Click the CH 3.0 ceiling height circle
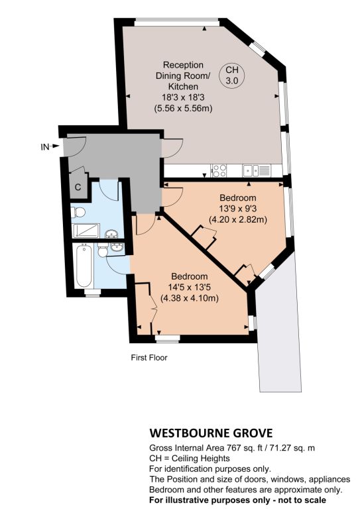(232, 75)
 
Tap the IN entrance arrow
(56, 146)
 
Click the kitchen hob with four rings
(219, 170)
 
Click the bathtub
(84, 266)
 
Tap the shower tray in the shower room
(86, 231)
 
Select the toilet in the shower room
(78, 212)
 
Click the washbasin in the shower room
(112, 234)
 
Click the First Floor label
(149, 358)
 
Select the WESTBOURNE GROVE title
(211, 433)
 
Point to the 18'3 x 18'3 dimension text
(183, 97)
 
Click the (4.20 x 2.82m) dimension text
(237, 219)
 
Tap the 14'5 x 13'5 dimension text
(189, 287)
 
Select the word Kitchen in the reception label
(183, 86)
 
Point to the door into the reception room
(172, 148)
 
